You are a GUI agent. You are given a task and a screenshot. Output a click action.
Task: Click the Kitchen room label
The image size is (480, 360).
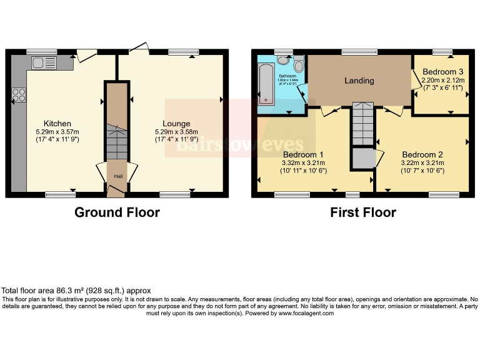tap(57, 124)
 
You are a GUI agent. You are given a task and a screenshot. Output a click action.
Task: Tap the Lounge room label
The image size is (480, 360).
tap(176, 124)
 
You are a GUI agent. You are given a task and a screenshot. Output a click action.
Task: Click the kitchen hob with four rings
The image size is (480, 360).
tap(19, 96)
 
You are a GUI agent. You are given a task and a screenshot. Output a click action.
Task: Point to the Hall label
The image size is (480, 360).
tap(117, 176)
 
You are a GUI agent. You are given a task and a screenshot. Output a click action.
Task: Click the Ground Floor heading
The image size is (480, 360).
tap(117, 212)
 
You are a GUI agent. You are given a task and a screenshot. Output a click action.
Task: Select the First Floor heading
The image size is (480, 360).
tap(363, 212)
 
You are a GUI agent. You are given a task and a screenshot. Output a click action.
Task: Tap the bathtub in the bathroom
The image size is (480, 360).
tap(265, 84)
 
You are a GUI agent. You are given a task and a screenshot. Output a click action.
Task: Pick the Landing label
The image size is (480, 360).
tap(359, 81)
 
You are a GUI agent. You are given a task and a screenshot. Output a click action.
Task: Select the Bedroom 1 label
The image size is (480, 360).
tap(303, 155)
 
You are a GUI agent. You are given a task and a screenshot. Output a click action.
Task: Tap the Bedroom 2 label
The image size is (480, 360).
tap(422, 155)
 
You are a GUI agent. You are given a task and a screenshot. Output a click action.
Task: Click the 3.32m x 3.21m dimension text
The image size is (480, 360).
tap(303, 164)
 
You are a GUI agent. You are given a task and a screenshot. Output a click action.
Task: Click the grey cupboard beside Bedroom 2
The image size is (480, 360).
tap(361, 158)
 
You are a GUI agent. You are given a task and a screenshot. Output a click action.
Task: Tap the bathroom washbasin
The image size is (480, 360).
tap(284, 61)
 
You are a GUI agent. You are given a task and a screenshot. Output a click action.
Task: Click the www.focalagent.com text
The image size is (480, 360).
tap(306, 313)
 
